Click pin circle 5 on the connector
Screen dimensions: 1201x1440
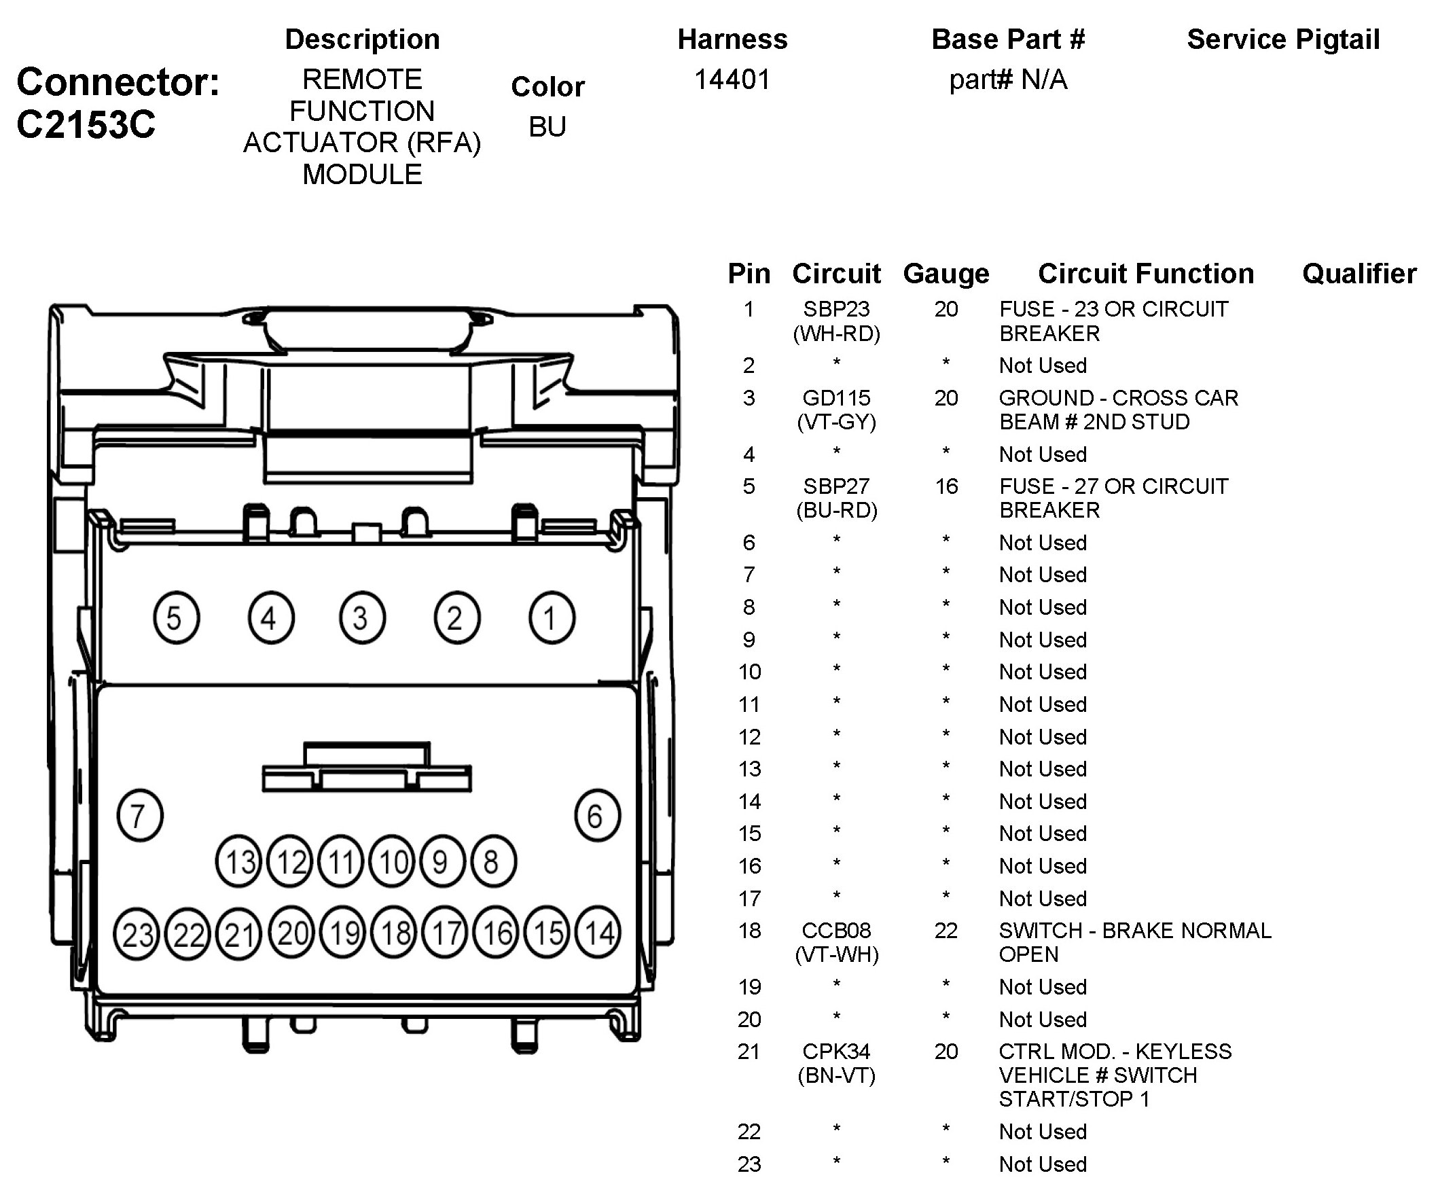(176, 617)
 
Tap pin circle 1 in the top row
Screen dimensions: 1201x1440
(552, 617)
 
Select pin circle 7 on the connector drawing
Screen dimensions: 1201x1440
(140, 816)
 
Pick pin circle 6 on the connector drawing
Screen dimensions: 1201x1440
(596, 816)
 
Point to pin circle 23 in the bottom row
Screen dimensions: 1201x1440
(137, 933)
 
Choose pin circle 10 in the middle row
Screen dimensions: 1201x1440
(392, 861)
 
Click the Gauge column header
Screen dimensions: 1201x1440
(946, 274)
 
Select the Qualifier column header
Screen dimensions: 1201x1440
(1358, 274)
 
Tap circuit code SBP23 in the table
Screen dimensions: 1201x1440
(836, 309)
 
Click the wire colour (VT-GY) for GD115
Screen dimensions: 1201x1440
(837, 422)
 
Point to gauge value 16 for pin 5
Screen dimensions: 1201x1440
(946, 486)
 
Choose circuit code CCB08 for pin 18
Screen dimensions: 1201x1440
(836, 931)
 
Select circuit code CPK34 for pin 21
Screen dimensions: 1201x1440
(836, 1052)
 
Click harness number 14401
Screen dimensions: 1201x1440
(732, 79)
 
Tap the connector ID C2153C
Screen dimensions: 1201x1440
(86, 125)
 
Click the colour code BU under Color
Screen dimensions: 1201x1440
(547, 127)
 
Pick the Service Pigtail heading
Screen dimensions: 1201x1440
(1283, 39)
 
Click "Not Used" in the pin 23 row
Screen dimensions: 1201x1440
(1042, 1164)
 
